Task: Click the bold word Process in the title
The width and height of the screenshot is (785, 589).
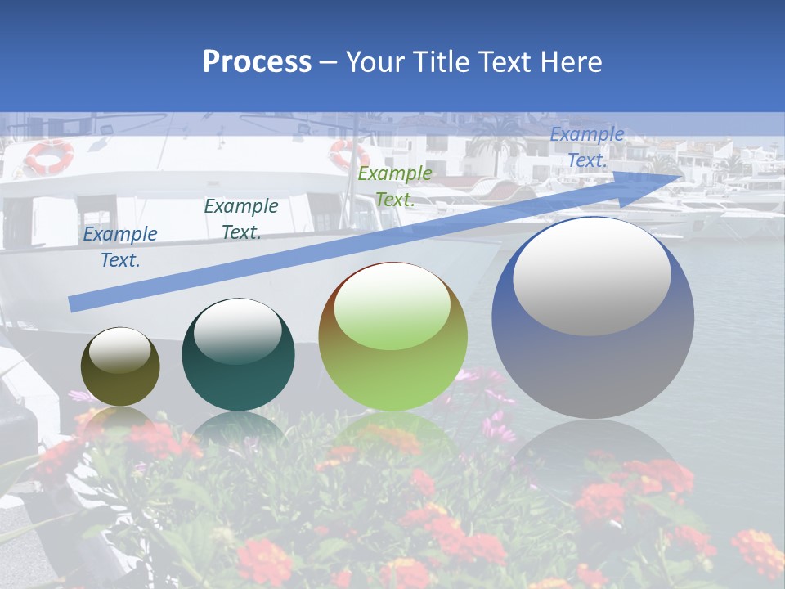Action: tap(257, 62)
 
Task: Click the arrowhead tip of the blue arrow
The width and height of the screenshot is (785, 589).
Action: tap(679, 175)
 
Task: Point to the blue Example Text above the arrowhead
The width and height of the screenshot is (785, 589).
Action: tap(586, 147)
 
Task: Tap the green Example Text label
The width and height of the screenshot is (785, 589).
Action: tap(394, 186)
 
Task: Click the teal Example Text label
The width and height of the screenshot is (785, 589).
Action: tap(241, 218)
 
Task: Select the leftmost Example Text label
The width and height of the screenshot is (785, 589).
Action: tap(120, 246)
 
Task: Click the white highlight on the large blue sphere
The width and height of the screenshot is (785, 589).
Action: tap(591, 277)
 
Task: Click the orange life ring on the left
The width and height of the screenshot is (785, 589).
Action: tap(48, 155)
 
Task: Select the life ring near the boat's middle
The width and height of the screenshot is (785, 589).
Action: tap(348, 154)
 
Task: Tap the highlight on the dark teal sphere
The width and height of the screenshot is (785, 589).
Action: tap(237, 330)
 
